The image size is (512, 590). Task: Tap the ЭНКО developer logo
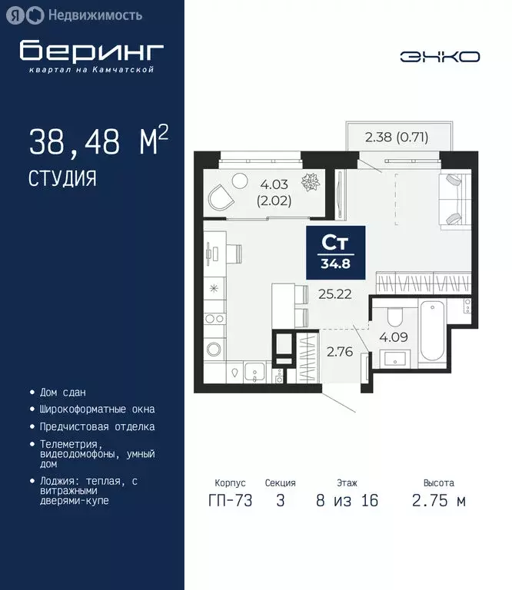[440, 57]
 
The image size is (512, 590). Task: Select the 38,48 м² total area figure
[98, 143]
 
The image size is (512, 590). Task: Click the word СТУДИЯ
[62, 179]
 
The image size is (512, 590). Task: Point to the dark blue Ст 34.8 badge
[337, 252]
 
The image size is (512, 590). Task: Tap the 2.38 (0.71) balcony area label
[396, 138]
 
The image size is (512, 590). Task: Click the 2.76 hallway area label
[339, 353]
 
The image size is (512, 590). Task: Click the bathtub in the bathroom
[433, 333]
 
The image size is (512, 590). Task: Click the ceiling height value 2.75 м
[438, 501]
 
